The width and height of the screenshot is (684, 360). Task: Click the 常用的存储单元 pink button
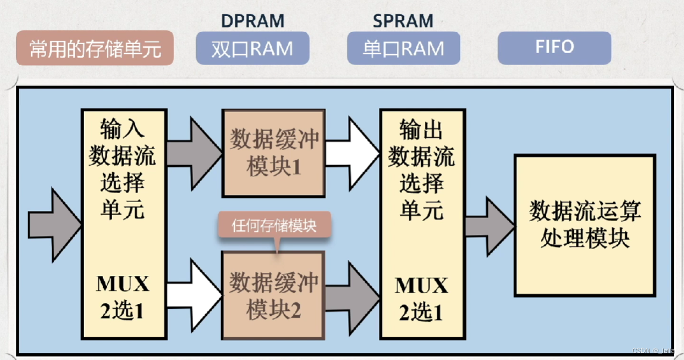tap(95, 48)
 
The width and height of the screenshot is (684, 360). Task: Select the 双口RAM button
tap(252, 48)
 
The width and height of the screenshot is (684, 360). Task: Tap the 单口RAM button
tap(403, 48)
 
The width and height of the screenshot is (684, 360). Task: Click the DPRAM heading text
tap(253, 21)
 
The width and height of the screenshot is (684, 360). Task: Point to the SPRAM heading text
tap(403, 21)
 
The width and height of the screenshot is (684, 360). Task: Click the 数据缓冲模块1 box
tap(273, 153)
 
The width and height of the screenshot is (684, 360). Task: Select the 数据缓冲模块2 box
tap(273, 296)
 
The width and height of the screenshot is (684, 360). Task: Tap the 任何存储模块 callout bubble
tap(274, 226)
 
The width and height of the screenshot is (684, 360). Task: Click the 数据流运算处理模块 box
tap(584, 225)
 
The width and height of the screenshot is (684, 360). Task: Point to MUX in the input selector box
tap(123, 284)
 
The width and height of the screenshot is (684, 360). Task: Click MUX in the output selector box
tap(421, 286)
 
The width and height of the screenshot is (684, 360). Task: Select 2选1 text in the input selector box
tap(123, 311)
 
